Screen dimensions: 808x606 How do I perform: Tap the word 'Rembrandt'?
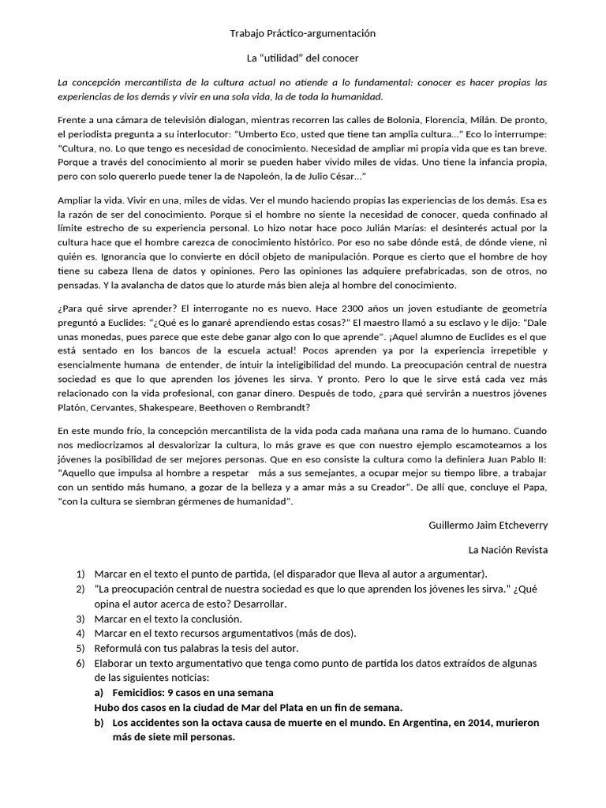[x=283, y=407]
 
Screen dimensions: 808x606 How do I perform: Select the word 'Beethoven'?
[x=233, y=407]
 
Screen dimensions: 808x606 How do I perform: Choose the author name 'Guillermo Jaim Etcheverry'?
[x=488, y=525]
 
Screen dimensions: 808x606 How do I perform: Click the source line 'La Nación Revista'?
[x=507, y=549]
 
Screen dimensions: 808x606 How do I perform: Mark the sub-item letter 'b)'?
[x=99, y=722]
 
